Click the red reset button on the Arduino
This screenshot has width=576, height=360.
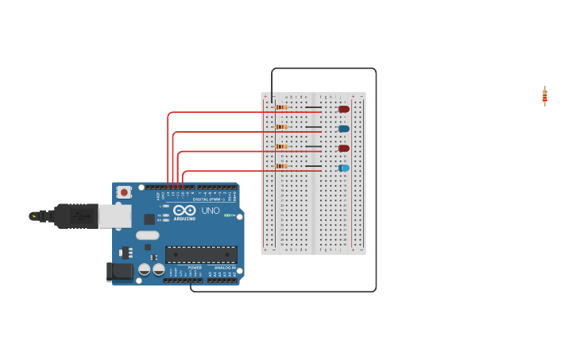tap(124, 192)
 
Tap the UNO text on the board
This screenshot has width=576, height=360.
tap(211, 211)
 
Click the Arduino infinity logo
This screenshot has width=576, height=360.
tap(184, 211)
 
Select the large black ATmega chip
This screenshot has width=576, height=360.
tap(201, 254)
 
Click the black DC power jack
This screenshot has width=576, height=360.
tap(119, 272)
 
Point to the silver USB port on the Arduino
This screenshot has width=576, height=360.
tap(114, 216)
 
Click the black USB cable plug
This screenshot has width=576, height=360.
tap(76, 215)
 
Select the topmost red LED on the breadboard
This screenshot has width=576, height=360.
tap(343, 109)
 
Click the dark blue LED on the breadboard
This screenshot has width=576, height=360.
tap(343, 129)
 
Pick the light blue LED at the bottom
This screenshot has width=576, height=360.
tap(343, 168)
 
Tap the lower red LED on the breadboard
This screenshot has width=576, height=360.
tap(343, 148)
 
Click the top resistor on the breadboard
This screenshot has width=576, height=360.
tap(280, 107)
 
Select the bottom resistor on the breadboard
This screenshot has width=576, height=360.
tap(280, 166)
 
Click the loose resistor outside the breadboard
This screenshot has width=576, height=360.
tap(544, 96)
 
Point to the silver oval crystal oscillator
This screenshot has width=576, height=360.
tap(147, 235)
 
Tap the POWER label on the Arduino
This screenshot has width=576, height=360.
tap(195, 268)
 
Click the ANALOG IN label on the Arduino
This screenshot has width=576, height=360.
tap(224, 268)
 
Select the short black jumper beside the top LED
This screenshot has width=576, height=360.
tap(314, 107)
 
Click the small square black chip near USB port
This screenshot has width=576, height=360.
tap(149, 219)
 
